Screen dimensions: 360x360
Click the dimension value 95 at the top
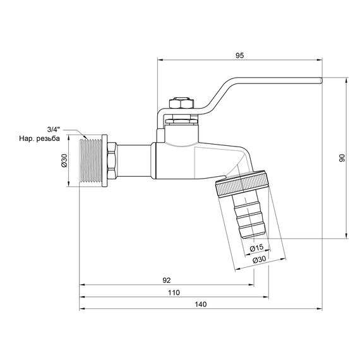pos(239,56)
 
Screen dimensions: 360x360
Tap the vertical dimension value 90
pos(342,159)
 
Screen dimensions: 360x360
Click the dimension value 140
pos(200,304)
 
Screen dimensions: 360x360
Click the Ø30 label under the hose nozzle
pos(259,259)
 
